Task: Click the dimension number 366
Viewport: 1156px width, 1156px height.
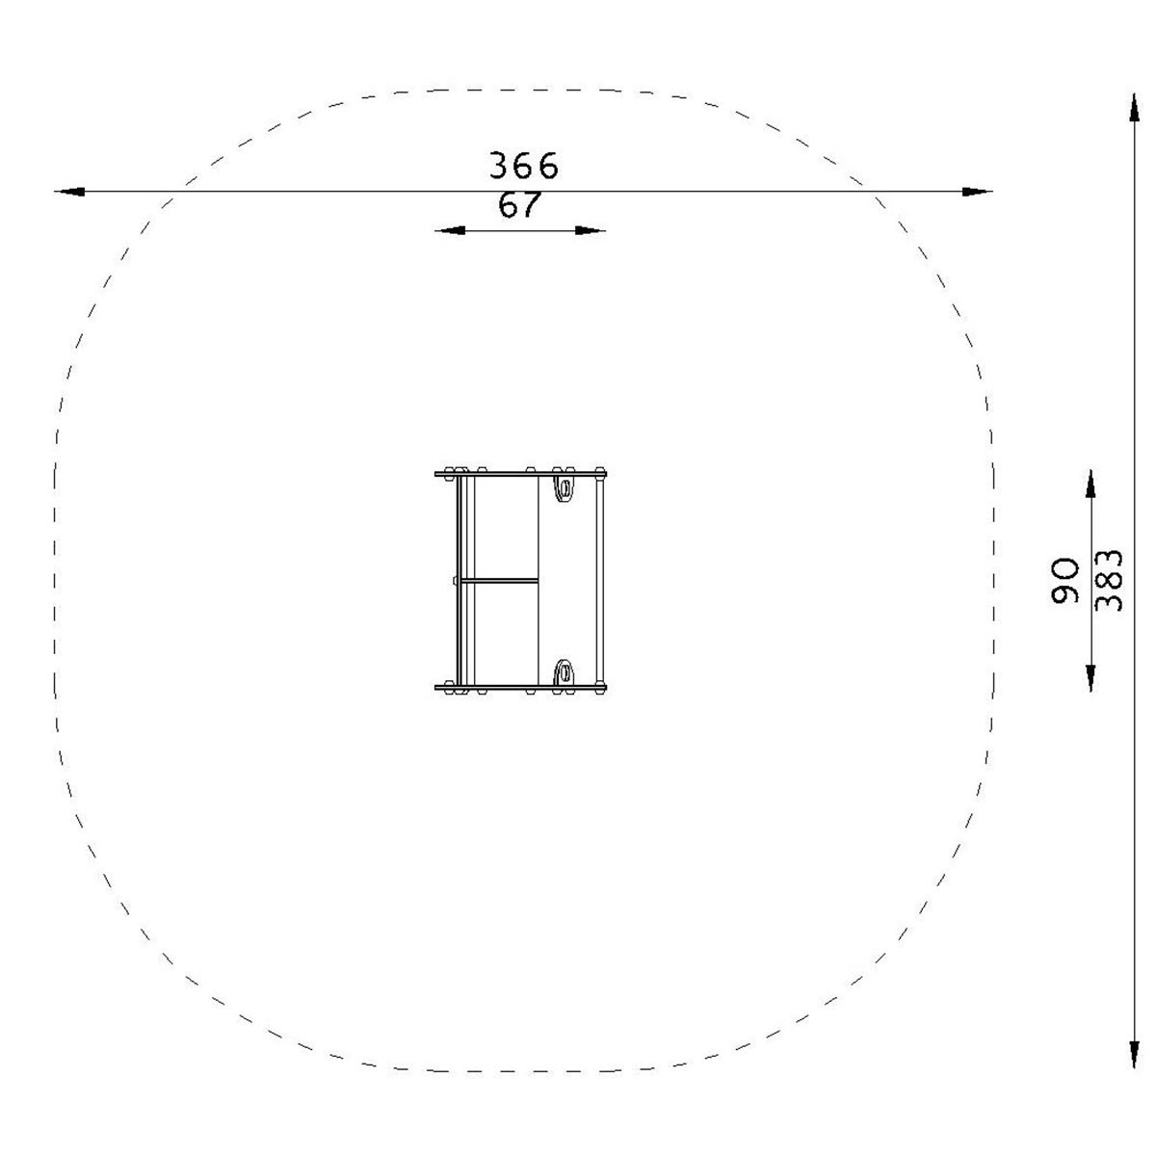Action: pos(524,166)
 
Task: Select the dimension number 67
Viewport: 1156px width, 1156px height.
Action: pos(519,204)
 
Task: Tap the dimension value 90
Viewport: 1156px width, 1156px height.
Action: pos(1064,580)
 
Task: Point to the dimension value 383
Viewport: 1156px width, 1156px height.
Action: pos(1108,580)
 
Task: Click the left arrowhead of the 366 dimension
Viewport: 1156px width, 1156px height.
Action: pos(69,192)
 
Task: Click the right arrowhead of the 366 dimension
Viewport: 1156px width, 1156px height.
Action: pos(977,192)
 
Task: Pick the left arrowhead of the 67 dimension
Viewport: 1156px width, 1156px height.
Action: pos(450,230)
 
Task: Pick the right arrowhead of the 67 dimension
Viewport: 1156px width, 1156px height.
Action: pos(591,230)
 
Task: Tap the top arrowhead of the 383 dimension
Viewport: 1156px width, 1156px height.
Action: pos(1134,108)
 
